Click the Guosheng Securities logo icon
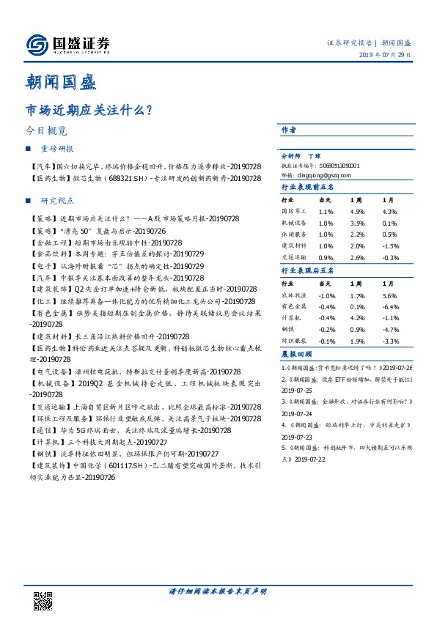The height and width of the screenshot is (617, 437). click(37, 45)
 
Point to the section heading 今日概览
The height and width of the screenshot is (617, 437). click(46, 131)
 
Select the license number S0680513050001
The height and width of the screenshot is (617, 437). click(339, 166)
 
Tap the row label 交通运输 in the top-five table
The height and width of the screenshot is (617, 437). click(295, 257)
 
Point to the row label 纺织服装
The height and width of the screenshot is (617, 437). click(295, 341)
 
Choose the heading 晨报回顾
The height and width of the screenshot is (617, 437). click(297, 354)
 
